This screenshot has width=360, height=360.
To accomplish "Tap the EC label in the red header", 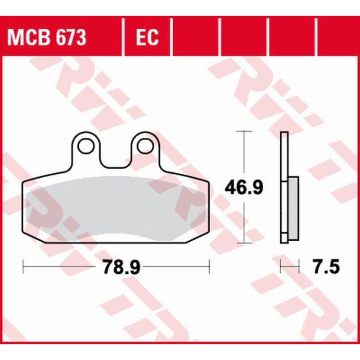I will click(147, 38).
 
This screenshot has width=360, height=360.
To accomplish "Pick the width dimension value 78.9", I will click(116, 267).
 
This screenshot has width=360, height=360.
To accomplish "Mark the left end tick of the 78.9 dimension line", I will click(23, 267).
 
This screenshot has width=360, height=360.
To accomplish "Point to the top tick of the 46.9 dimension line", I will click(243, 131).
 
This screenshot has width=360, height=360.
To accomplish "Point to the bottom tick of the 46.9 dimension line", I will click(243, 243).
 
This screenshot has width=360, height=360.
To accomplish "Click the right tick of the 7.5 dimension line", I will click(299, 267).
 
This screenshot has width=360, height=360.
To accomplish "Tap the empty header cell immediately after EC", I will click(195, 38).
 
